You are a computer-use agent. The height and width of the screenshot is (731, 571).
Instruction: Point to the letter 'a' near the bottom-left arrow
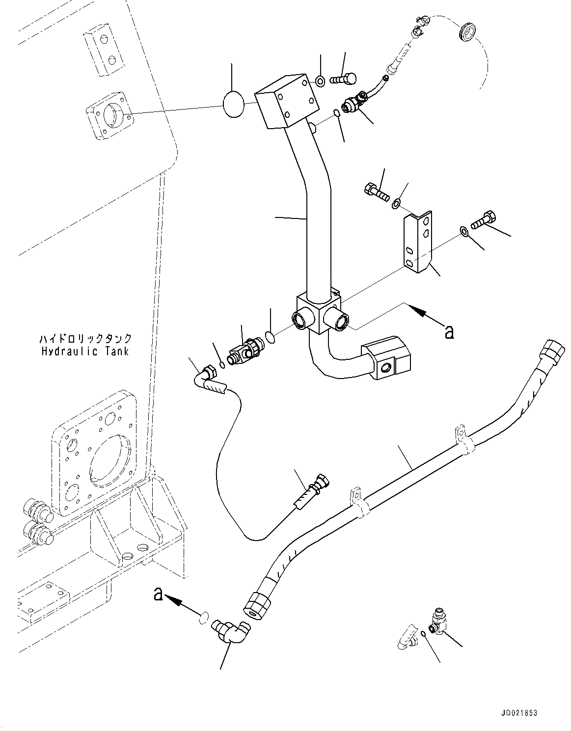click(x=158, y=595)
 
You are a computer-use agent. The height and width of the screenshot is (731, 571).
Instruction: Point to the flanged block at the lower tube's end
click(x=386, y=357)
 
